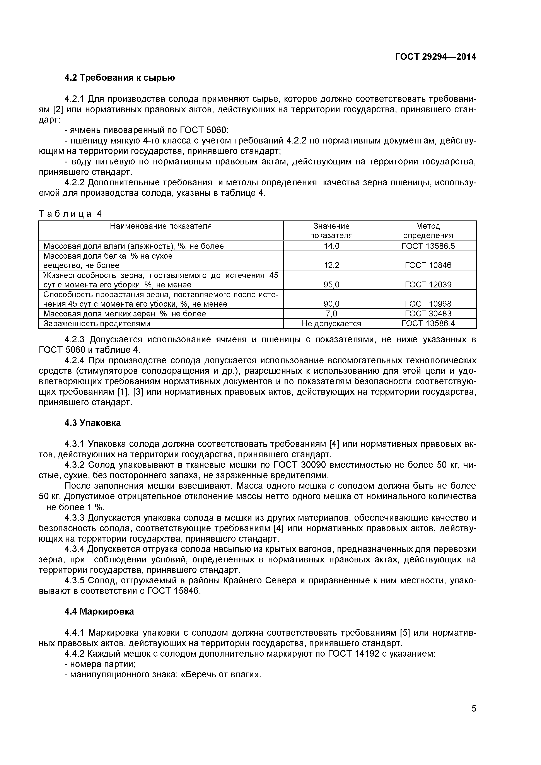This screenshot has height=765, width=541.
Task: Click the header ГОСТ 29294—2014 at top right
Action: click(435, 57)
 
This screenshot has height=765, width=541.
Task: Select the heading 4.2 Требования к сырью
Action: click(119, 78)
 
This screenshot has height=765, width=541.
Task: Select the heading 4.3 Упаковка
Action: click(93, 423)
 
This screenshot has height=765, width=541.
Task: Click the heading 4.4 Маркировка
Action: click(99, 612)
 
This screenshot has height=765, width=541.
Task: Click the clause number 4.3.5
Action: click(76, 581)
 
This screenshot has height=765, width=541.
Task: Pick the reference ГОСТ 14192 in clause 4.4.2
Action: click(353, 654)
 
